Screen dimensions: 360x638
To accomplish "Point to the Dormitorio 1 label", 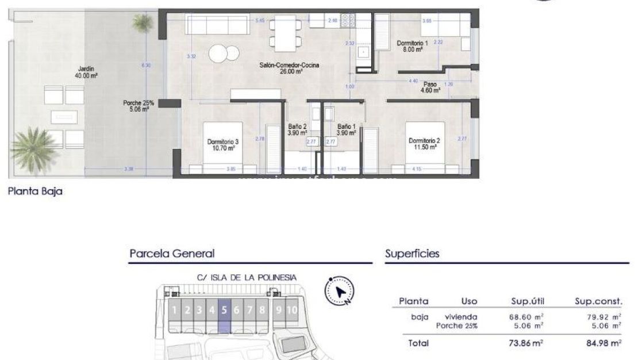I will [412, 47].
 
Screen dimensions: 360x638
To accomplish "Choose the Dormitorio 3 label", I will [223, 144].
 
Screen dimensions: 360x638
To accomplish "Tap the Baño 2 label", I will [297, 129].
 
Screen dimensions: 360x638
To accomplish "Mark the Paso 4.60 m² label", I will [430, 87].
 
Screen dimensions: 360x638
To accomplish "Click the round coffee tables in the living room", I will [224, 53].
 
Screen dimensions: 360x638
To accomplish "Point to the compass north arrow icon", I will [340, 291].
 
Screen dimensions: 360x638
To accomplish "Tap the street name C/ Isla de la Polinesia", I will [247, 277].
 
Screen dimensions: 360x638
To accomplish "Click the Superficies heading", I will [412, 254].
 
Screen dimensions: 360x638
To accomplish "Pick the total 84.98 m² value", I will [599, 343].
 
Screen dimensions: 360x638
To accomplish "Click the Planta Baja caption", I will [35, 192].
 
